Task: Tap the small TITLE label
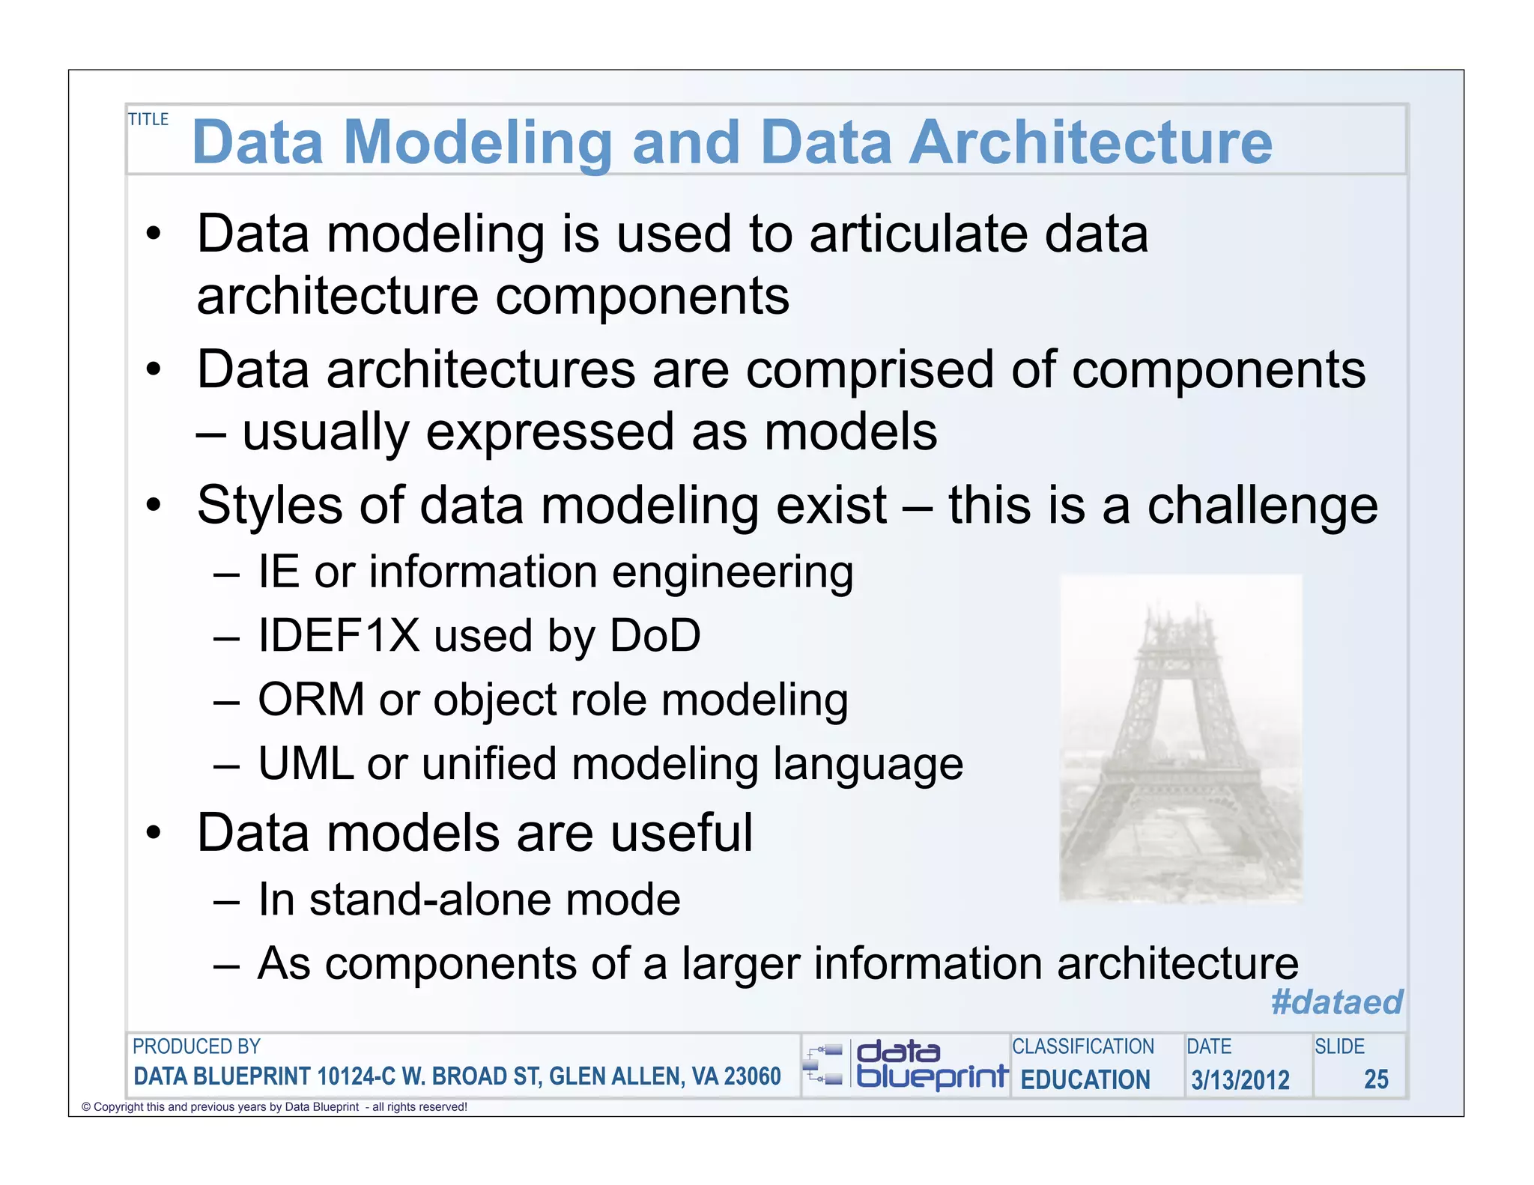pos(148,119)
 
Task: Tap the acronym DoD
pos(655,636)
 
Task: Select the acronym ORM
pos(311,700)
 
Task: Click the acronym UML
pos(306,764)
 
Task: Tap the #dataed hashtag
pos(1336,1001)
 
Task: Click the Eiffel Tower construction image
pos(1180,738)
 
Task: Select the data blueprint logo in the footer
pos(905,1065)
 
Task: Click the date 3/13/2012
pos(1240,1079)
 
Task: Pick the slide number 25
pos(1376,1079)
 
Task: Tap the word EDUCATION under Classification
pos(1085,1079)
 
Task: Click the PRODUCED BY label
pos(196,1046)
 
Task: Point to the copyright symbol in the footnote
pos(86,1107)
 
